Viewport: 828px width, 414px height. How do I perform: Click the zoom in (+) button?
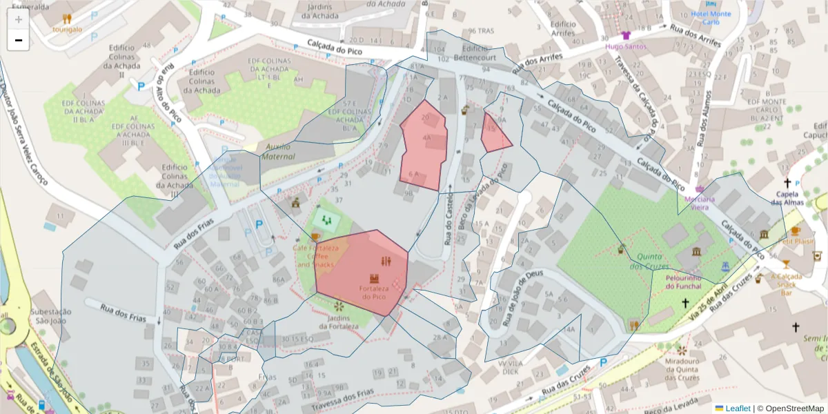(18, 19)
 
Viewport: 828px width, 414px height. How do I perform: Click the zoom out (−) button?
(18, 40)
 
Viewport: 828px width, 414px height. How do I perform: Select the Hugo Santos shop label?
(626, 46)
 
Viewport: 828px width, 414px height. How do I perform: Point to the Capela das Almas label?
(787, 197)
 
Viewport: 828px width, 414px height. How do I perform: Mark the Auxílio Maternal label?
(277, 151)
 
